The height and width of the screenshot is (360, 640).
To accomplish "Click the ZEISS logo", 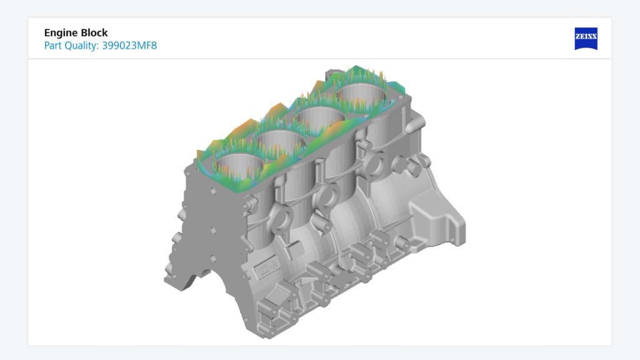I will coord(586,39).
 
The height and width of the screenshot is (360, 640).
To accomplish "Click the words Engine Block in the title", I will coord(76,33).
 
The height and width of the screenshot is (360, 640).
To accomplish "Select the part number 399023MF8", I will coord(129,46).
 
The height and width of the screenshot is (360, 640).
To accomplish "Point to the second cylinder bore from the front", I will coord(279,142).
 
